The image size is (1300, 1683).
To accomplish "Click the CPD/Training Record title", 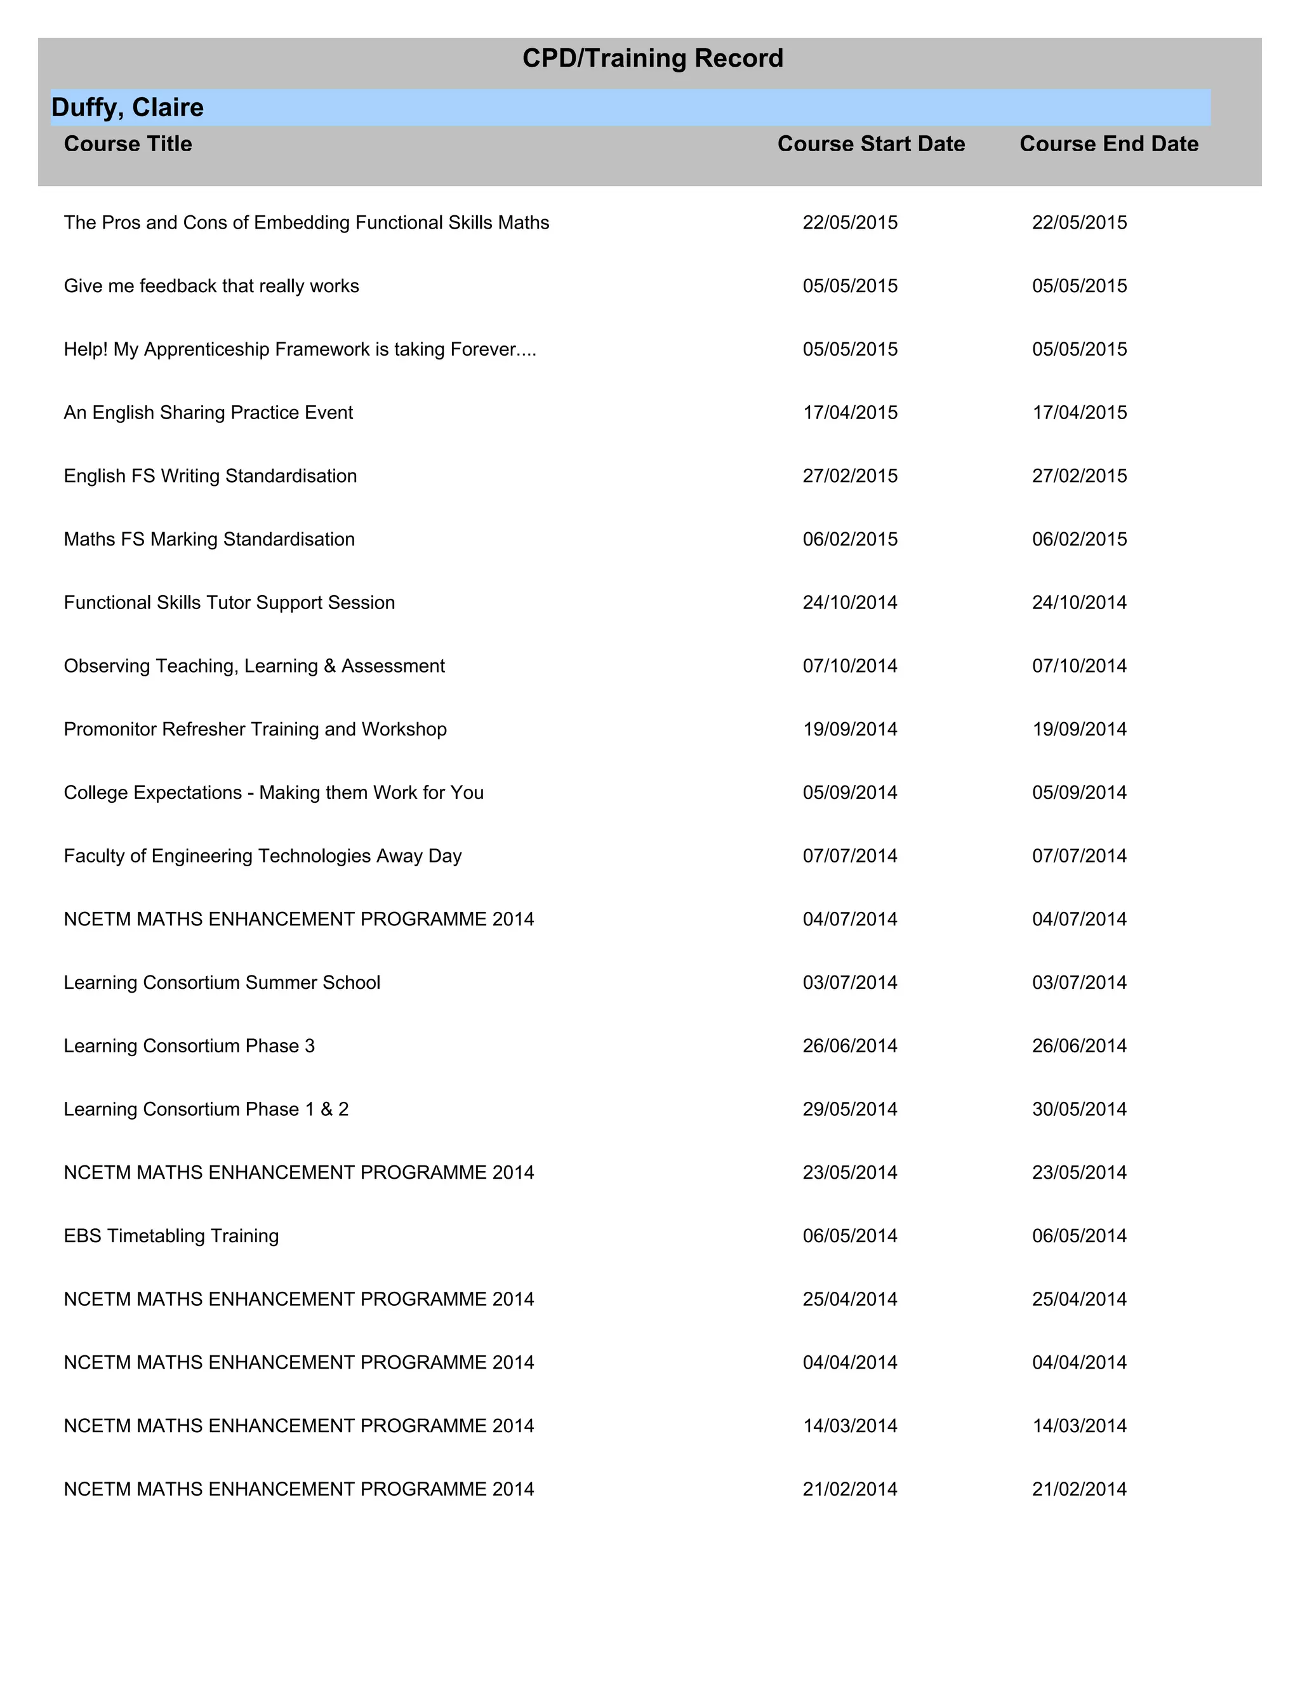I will (653, 58).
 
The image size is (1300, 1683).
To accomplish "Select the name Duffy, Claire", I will (128, 108).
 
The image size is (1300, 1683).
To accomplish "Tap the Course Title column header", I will (128, 144).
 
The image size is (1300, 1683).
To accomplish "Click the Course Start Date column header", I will (871, 144).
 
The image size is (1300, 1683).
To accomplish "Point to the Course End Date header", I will (1109, 144).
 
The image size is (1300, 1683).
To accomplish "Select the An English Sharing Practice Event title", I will (209, 413).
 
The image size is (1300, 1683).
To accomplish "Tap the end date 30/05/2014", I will (1079, 1110).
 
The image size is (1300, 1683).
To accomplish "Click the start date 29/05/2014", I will (850, 1110).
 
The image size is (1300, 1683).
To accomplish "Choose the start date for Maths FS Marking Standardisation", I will (850, 539).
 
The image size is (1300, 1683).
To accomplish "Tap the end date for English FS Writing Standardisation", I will (1079, 476).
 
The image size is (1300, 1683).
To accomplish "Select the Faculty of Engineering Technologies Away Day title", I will (263, 856).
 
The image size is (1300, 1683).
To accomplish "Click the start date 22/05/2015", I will (850, 223).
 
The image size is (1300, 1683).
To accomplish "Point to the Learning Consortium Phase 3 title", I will (189, 1047).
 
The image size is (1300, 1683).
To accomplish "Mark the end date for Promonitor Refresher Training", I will (1079, 730).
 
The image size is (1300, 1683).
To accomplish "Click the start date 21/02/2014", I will (850, 1489).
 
